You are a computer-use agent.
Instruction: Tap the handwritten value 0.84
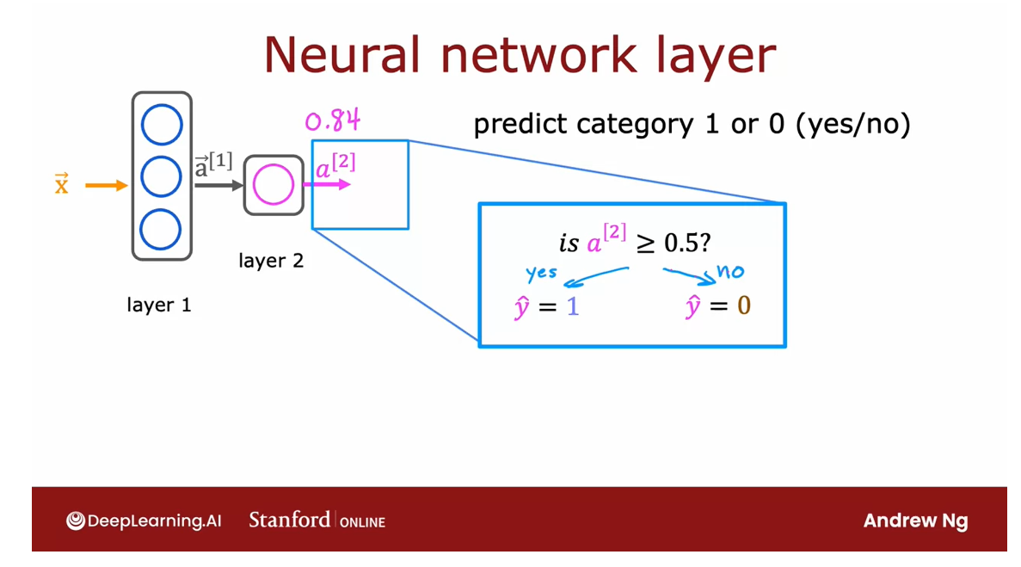coord(332,120)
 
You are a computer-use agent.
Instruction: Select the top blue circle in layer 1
coord(162,126)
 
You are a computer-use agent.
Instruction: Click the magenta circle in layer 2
coord(274,185)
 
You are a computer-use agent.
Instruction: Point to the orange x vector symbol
coord(61,184)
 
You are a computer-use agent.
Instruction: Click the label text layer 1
coord(159,305)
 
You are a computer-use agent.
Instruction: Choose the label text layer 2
coord(271,260)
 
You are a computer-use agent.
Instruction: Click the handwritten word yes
coord(541,274)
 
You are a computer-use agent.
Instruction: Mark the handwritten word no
coord(729,273)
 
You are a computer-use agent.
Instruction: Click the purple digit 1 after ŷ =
coord(573,307)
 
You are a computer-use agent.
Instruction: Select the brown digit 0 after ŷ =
coord(744,307)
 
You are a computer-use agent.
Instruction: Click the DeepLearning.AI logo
coord(144,521)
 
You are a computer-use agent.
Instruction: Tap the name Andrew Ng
coord(915,521)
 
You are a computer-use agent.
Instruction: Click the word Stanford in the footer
coord(289,520)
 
